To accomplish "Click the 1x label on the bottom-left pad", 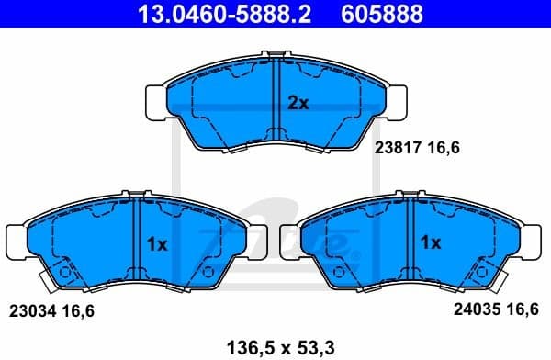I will (156, 243).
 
